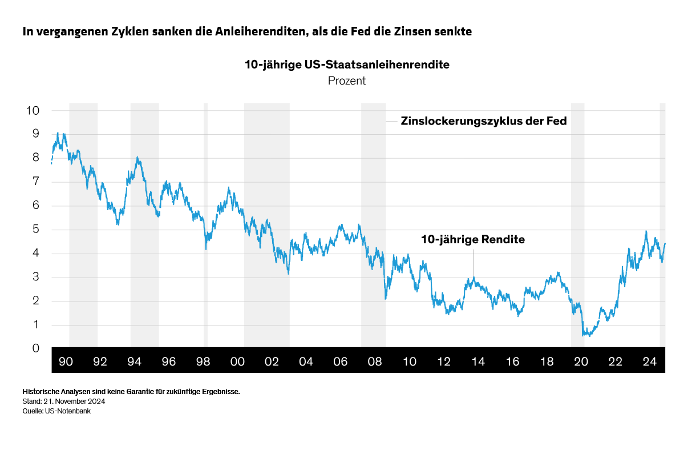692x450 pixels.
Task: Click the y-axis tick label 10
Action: (x=33, y=110)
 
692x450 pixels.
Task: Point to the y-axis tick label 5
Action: (x=36, y=230)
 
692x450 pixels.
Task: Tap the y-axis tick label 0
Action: (x=36, y=349)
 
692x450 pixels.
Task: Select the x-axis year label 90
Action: (x=66, y=362)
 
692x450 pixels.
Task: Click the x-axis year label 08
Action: (x=375, y=362)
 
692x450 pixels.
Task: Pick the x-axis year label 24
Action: (x=649, y=362)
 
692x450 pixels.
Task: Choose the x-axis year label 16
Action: (x=512, y=362)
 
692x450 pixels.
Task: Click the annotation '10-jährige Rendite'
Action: (x=472, y=240)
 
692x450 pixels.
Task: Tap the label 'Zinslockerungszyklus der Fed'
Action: (x=484, y=121)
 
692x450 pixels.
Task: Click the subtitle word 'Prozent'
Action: (x=347, y=81)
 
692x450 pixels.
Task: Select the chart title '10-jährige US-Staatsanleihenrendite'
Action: (x=347, y=65)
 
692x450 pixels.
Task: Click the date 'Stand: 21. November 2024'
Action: (x=64, y=401)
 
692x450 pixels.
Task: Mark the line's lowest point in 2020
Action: (x=584, y=335)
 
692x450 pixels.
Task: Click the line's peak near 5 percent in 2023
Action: (x=646, y=231)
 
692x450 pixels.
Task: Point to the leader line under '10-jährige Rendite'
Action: (x=473, y=264)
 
